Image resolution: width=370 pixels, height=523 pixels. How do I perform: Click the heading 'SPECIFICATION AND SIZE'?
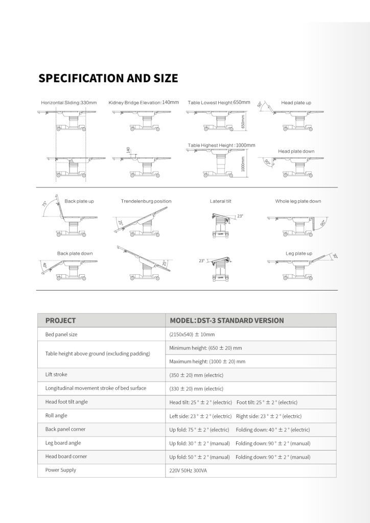pos(108,78)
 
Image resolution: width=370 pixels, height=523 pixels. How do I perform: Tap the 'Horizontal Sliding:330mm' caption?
pos(68,103)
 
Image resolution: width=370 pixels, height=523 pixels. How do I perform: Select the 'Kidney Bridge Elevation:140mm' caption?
pos(144,102)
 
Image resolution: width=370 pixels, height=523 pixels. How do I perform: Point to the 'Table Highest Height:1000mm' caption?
pos(221,146)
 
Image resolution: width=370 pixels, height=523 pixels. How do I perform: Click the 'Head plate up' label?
pos(296,103)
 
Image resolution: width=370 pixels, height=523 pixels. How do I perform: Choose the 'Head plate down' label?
pos(296,151)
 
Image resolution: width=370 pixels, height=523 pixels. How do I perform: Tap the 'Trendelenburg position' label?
pos(146,201)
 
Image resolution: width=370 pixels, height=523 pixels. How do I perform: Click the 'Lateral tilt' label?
pos(221,201)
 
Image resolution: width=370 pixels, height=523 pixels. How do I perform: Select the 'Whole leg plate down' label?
pos(298,201)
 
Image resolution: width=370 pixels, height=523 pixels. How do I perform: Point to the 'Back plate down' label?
pos(75,253)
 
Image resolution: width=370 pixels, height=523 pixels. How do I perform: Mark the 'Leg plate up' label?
pos(298,253)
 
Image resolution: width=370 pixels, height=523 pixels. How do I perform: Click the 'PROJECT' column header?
pos(60,321)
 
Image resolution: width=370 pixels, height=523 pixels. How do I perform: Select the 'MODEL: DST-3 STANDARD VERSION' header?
pos(226,321)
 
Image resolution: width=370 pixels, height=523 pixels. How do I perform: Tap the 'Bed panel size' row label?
pos(61,334)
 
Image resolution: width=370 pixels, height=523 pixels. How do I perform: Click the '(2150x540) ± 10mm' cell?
pos(192,335)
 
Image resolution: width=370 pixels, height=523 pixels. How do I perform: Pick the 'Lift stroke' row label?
pos(56,374)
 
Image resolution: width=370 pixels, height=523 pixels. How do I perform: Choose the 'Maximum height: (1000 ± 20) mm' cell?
pos(207,362)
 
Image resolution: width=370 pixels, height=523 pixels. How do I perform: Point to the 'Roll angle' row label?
pos(56,416)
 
